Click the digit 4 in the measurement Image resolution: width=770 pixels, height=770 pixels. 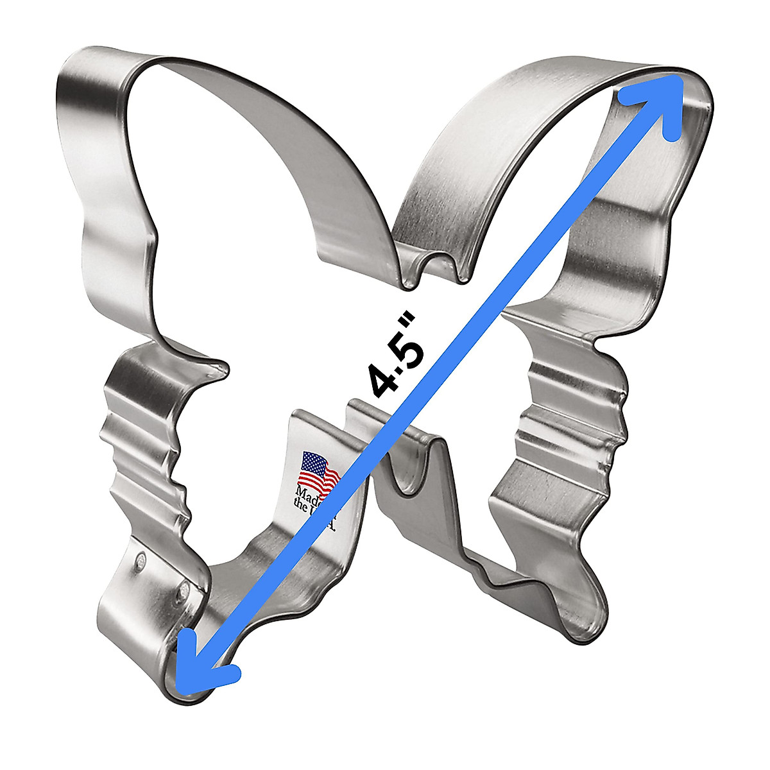[x=383, y=379]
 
